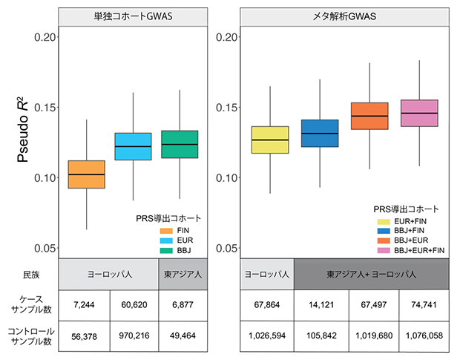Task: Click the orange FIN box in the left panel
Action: [86, 174]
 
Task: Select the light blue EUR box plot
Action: [132, 146]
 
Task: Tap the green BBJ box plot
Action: [179, 144]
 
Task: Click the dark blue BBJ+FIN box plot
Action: [320, 133]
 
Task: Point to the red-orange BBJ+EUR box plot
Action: [369, 116]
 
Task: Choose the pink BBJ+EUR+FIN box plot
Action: [418, 113]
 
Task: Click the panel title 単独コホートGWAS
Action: [133, 17]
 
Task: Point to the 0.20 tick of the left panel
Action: [46, 37]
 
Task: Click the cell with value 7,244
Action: [84, 304]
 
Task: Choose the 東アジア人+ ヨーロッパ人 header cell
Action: [371, 274]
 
